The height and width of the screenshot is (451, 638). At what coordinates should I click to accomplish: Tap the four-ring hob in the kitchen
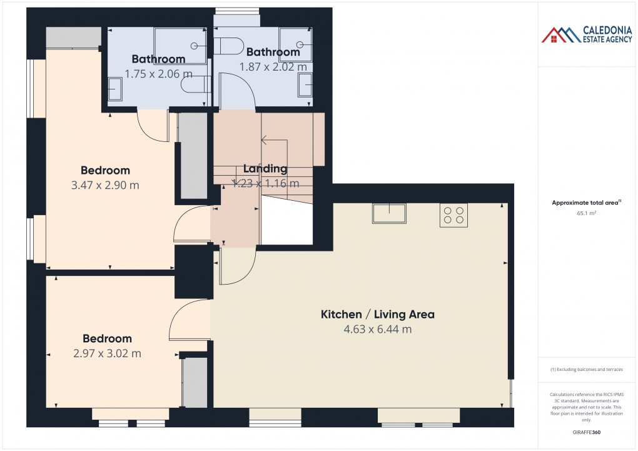click(x=453, y=215)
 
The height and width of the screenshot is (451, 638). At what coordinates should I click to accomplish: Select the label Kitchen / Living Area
click(x=377, y=314)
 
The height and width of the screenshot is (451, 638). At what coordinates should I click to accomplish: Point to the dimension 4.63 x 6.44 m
click(x=377, y=329)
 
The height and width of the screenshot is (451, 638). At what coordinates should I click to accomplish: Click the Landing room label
click(x=265, y=168)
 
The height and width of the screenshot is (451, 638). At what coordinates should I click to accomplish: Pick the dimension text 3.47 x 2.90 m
click(x=106, y=185)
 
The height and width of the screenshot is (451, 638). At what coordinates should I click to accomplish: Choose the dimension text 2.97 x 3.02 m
click(x=107, y=353)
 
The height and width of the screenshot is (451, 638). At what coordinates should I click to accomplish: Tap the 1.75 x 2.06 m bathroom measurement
click(x=154, y=73)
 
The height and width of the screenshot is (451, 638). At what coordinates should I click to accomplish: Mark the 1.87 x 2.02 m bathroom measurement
click(x=273, y=66)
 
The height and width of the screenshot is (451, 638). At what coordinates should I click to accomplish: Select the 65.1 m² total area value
click(x=587, y=213)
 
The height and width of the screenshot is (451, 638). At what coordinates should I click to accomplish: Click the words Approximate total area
click(x=584, y=202)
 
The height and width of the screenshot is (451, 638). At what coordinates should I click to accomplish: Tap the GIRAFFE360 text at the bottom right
click(x=587, y=432)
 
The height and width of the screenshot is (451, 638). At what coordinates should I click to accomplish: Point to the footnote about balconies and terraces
click(x=587, y=370)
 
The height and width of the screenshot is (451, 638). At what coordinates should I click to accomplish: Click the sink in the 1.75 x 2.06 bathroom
click(x=115, y=88)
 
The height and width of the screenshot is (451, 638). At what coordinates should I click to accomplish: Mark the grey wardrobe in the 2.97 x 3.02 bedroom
click(x=194, y=382)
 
